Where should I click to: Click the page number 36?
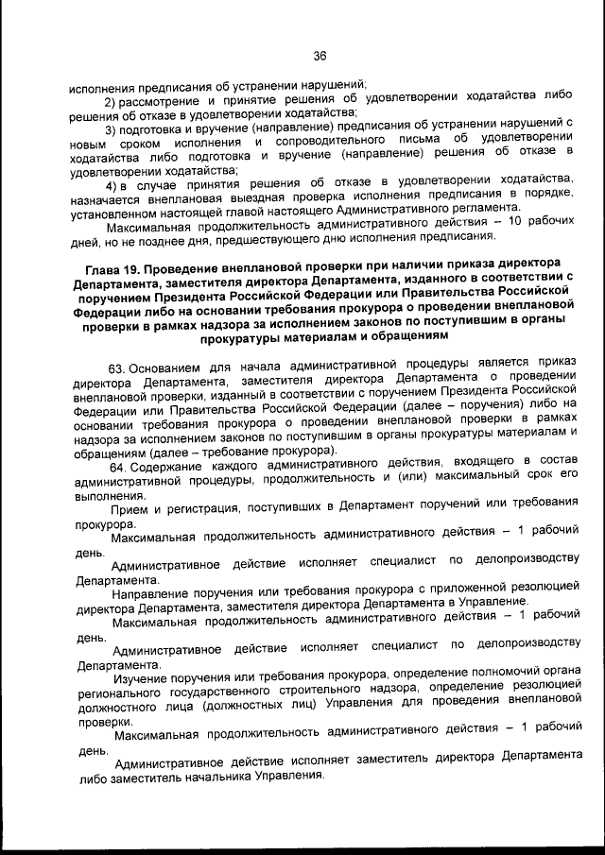coord(320,55)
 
